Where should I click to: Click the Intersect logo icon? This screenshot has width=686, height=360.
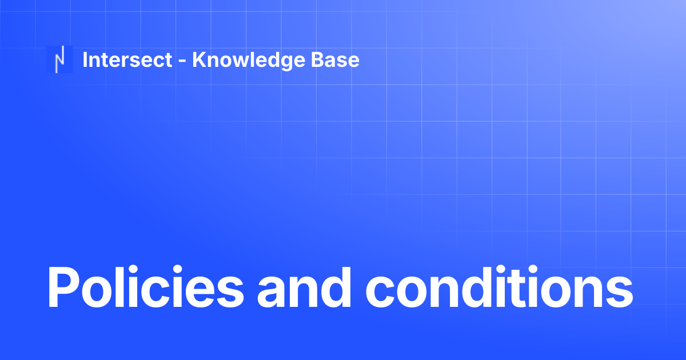click(x=59, y=59)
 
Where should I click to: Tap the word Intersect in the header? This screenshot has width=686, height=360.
click(x=127, y=59)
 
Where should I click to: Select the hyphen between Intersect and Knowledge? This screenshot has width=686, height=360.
click(x=182, y=61)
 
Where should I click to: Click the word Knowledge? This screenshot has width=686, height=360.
click(x=249, y=61)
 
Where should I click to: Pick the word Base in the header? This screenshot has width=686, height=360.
click(x=335, y=59)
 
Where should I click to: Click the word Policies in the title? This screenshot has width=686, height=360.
click(x=145, y=287)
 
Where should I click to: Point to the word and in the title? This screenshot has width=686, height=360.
click(x=304, y=287)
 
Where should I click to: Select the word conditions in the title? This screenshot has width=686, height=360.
click(x=500, y=287)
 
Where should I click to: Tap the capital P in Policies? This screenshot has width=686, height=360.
click(x=63, y=287)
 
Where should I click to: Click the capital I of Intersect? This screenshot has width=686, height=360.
click(x=85, y=59)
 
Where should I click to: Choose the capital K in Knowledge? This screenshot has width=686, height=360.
click(x=200, y=59)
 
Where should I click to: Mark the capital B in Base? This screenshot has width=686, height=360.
click(x=318, y=59)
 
